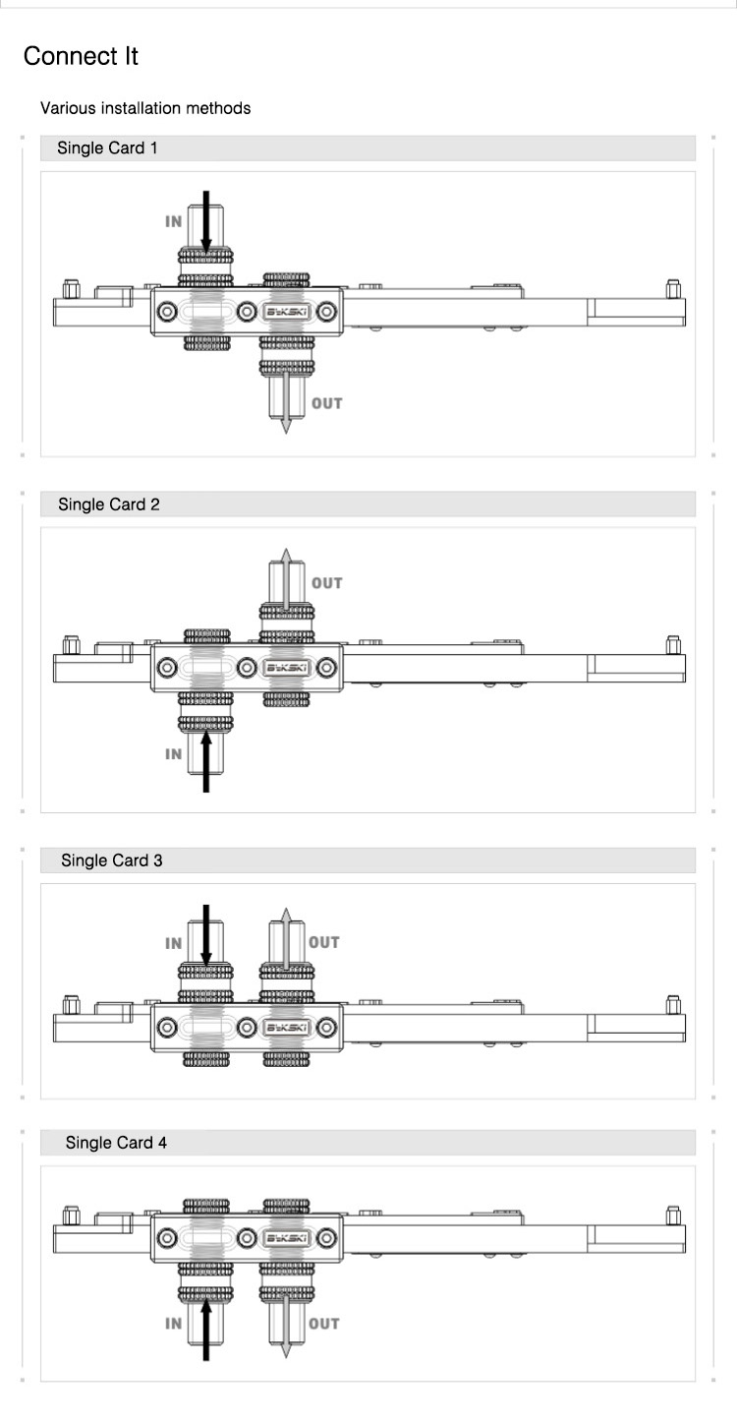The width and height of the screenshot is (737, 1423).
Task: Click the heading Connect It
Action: (x=81, y=56)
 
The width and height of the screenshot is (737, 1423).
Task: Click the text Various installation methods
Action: (x=145, y=108)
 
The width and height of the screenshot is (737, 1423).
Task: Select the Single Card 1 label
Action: (x=107, y=148)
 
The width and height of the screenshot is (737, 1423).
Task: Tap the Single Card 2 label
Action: (x=108, y=504)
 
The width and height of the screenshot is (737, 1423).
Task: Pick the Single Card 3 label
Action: (x=112, y=860)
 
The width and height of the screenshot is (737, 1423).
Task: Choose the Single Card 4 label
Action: (x=116, y=1143)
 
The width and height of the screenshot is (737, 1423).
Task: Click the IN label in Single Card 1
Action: (x=174, y=222)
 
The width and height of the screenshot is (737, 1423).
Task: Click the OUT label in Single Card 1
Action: (x=327, y=403)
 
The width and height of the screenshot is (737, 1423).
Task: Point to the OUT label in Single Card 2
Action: (x=327, y=583)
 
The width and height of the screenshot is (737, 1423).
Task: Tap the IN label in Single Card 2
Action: (x=174, y=754)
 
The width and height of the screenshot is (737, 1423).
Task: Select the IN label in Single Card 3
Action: (x=174, y=943)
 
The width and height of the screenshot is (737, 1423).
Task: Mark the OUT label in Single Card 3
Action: (x=324, y=942)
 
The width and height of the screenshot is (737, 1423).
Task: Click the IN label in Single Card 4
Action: (x=174, y=1324)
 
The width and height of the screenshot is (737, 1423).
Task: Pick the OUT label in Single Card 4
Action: (x=324, y=1324)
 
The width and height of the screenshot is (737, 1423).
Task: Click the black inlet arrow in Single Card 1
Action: (x=206, y=221)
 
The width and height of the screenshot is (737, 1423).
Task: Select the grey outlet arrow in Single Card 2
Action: (x=285, y=580)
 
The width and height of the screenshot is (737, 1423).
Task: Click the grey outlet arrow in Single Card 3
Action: (x=285, y=939)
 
